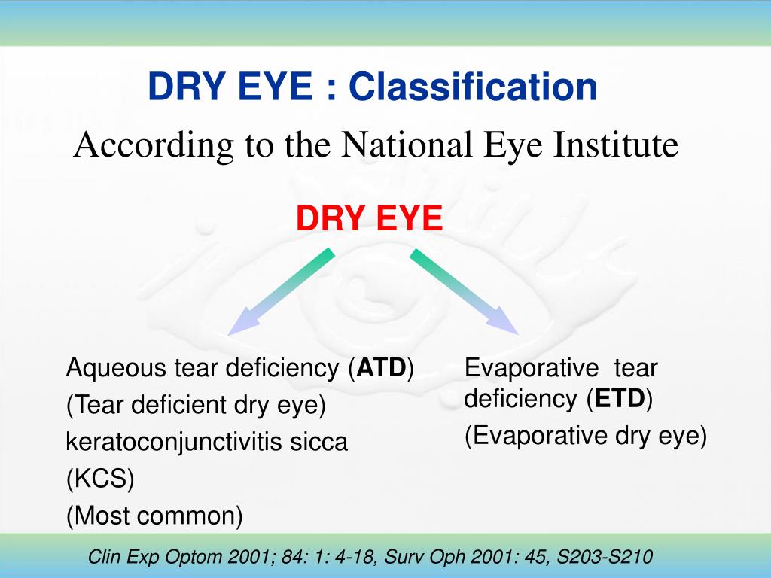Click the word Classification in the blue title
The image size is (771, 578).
[472, 87]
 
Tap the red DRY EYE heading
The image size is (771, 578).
[369, 219]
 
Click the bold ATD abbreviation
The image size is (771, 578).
[382, 369]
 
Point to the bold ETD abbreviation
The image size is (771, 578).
[620, 399]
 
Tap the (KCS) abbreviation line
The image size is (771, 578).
[100, 479]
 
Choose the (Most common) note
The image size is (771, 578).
[154, 516]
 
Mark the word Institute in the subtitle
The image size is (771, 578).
[617, 145]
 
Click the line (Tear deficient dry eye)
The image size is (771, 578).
[196, 406]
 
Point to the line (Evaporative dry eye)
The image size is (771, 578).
[586, 436]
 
